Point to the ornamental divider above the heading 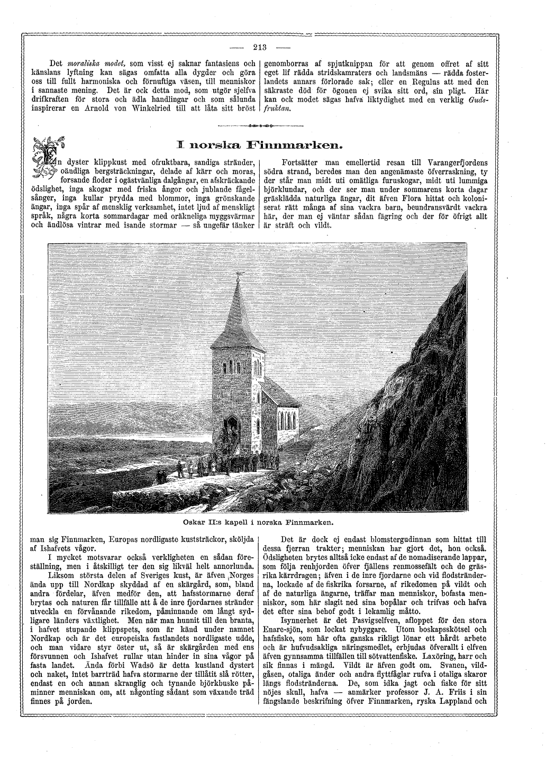coord(259,126)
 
